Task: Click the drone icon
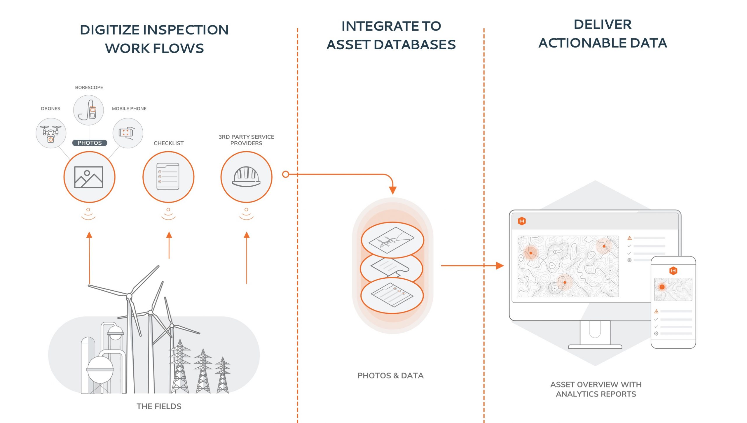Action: pyautogui.click(x=51, y=133)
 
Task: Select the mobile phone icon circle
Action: pyautogui.click(x=128, y=133)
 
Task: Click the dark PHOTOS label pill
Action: pyautogui.click(x=90, y=143)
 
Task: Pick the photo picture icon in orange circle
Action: pyautogui.click(x=89, y=177)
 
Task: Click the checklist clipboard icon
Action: pyautogui.click(x=168, y=177)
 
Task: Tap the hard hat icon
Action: pyautogui.click(x=246, y=177)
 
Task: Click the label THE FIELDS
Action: pyautogui.click(x=159, y=406)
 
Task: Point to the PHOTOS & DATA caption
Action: pyautogui.click(x=390, y=375)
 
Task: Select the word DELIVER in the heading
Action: pyautogui.click(x=603, y=24)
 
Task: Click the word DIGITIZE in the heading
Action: pyautogui.click(x=110, y=30)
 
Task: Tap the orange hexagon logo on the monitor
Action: pyautogui.click(x=522, y=221)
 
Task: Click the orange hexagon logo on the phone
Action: pyautogui.click(x=673, y=271)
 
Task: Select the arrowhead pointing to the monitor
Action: pyautogui.click(x=500, y=266)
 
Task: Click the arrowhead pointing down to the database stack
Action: pyautogui.click(x=393, y=190)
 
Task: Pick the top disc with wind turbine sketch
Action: pyautogui.click(x=392, y=240)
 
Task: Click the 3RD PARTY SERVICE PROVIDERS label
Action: pyautogui.click(x=246, y=140)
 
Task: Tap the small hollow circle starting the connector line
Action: pyautogui.click(x=286, y=174)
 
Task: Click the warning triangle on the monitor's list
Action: pyautogui.click(x=629, y=238)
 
